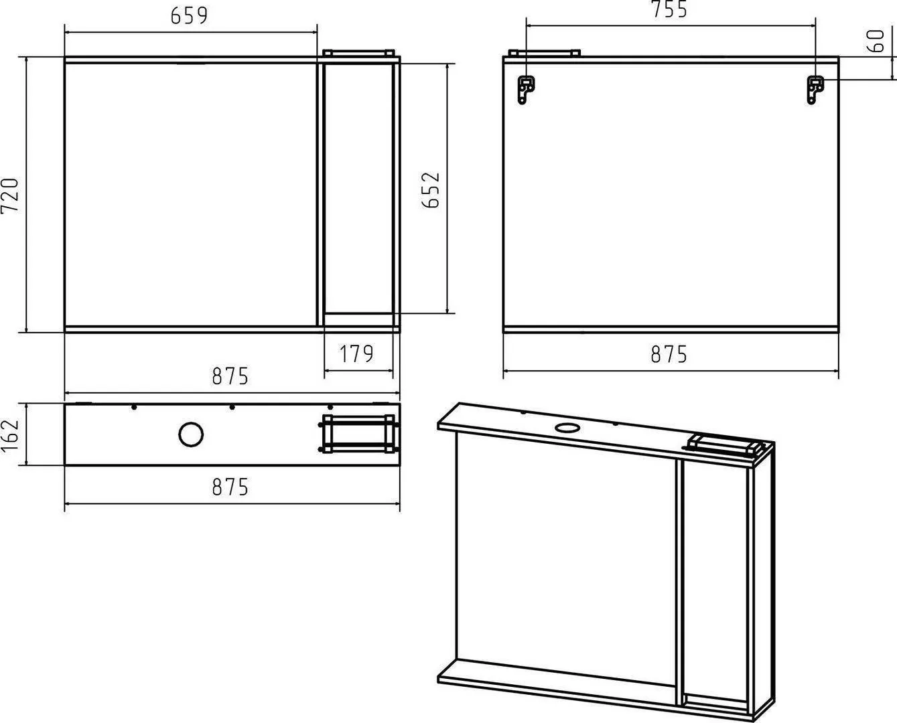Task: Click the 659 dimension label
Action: [x=189, y=16]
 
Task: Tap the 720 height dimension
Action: [x=10, y=195]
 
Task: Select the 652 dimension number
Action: [x=431, y=190]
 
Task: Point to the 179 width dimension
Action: [x=356, y=354]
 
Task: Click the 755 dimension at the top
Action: [x=669, y=9]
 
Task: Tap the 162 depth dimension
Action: [x=10, y=434]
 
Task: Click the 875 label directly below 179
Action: [x=230, y=376]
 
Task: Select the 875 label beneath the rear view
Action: [x=669, y=354]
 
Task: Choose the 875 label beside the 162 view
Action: [x=230, y=487]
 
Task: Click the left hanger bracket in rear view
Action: [x=526, y=90]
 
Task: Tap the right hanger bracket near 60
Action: [x=815, y=90]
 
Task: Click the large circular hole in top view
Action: [x=191, y=434]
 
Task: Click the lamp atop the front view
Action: [x=358, y=53]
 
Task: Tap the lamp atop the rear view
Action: [x=545, y=53]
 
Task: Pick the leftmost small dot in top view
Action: [x=134, y=407]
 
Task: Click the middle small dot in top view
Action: [x=232, y=407]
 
